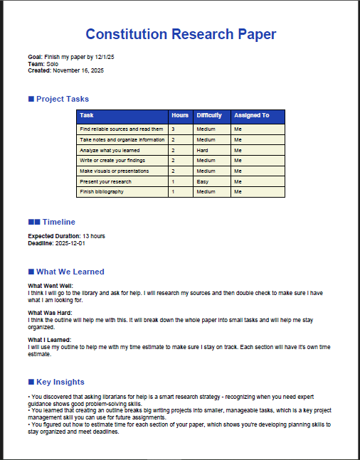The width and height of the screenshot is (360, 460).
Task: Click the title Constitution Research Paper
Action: click(180, 34)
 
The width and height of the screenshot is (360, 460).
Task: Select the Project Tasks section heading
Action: click(62, 99)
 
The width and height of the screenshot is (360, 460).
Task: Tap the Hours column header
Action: click(179, 115)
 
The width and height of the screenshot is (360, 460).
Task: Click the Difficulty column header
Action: click(209, 115)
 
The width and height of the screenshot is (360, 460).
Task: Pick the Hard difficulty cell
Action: click(203, 150)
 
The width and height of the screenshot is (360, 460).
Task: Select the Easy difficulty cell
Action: click(203, 181)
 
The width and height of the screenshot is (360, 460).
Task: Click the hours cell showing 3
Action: click(173, 129)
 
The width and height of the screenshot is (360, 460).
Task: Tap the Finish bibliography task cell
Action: click(102, 191)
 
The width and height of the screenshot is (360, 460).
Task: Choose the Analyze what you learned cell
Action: click(110, 150)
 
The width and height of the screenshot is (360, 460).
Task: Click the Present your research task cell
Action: click(105, 181)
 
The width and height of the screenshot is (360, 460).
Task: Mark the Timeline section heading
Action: click(58, 222)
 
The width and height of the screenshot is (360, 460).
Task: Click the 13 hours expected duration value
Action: click(94, 236)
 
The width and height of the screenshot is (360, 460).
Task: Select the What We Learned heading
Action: click(70, 272)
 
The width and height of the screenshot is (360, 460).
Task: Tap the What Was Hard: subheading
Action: click(50, 313)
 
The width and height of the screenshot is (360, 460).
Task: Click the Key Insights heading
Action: click(60, 382)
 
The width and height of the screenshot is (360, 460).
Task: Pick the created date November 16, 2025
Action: click(78, 70)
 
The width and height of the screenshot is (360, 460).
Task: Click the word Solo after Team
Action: click(52, 63)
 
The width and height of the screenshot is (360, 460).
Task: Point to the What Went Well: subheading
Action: click(50, 286)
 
